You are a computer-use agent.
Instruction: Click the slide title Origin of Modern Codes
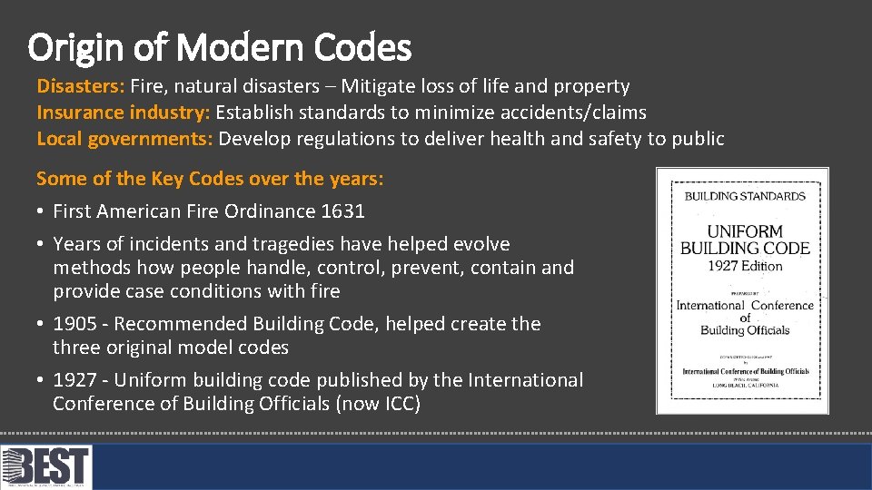point(219,47)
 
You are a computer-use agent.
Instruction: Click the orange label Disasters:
point(81,86)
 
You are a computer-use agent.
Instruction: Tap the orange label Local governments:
point(124,139)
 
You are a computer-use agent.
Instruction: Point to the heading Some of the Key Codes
point(209,179)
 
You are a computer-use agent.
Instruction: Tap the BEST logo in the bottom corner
point(46,467)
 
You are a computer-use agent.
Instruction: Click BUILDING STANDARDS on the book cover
point(745,196)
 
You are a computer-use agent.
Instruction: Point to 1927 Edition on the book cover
point(745,266)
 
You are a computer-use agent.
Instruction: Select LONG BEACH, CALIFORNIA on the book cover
point(745,385)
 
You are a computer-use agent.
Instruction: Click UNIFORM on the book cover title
point(745,231)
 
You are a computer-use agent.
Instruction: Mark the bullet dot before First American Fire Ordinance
point(41,211)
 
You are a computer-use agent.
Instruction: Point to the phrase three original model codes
point(171,348)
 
